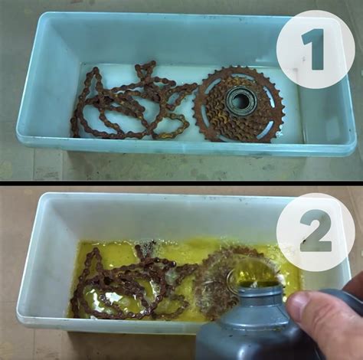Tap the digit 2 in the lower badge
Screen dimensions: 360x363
tap(315, 231)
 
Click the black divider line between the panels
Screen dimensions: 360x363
tap(181, 183)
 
